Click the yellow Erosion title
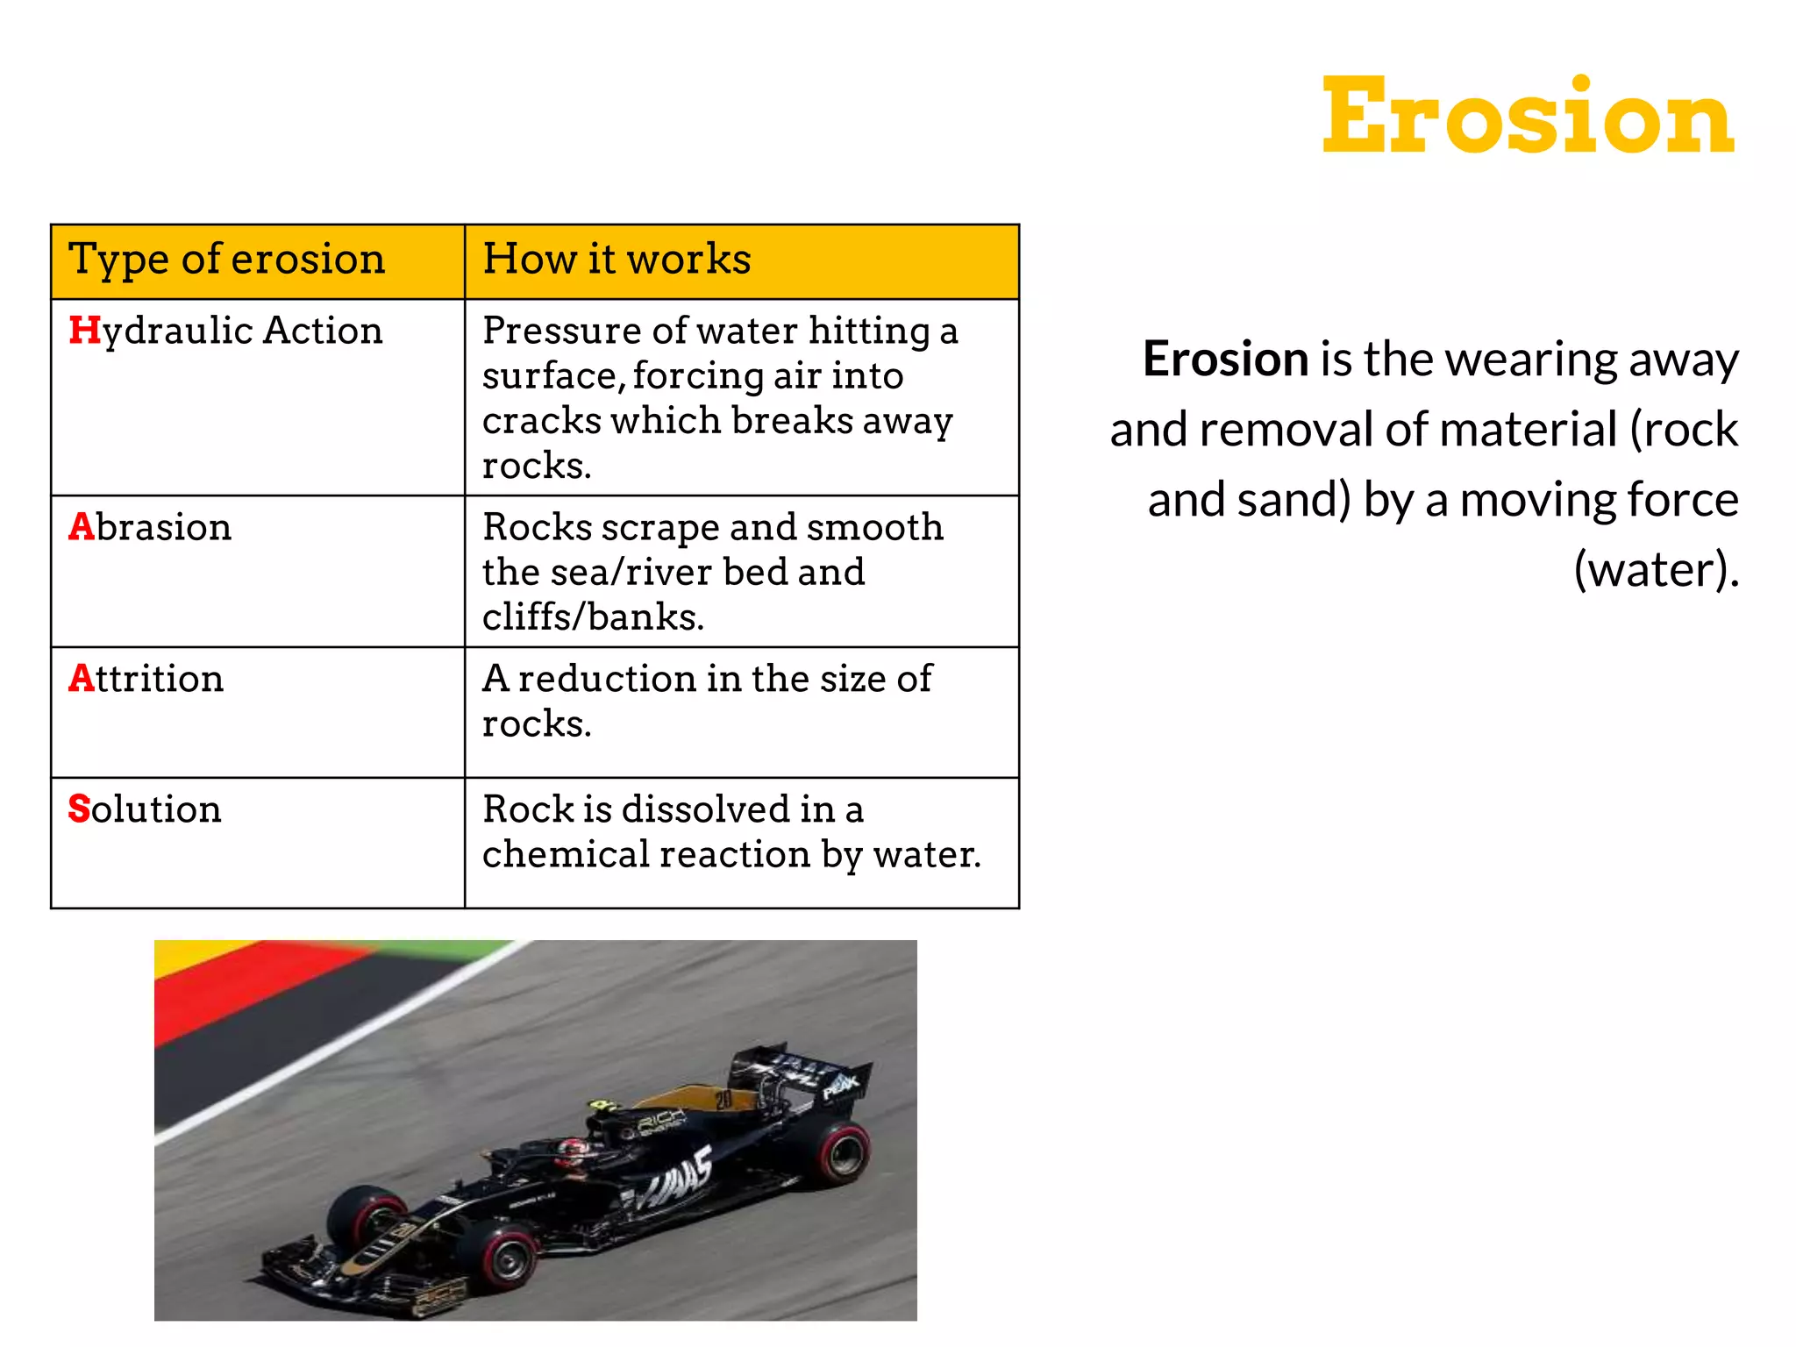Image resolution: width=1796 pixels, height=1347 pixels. click(1527, 117)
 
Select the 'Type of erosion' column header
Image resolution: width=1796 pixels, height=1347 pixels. click(226, 260)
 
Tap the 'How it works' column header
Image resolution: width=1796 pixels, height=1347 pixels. click(616, 260)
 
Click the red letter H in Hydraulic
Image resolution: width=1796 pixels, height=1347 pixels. click(84, 331)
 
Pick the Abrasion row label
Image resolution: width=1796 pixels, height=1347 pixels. click(150, 527)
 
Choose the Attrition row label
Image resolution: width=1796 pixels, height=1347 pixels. click(146, 679)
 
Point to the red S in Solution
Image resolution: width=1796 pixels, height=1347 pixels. click(79, 809)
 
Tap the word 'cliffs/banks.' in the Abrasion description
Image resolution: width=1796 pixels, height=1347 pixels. click(593, 617)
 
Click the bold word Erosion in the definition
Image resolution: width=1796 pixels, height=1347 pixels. click(1225, 360)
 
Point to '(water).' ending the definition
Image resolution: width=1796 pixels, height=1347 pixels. click(1655, 570)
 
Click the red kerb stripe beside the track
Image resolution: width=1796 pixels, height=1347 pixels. click(263, 982)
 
